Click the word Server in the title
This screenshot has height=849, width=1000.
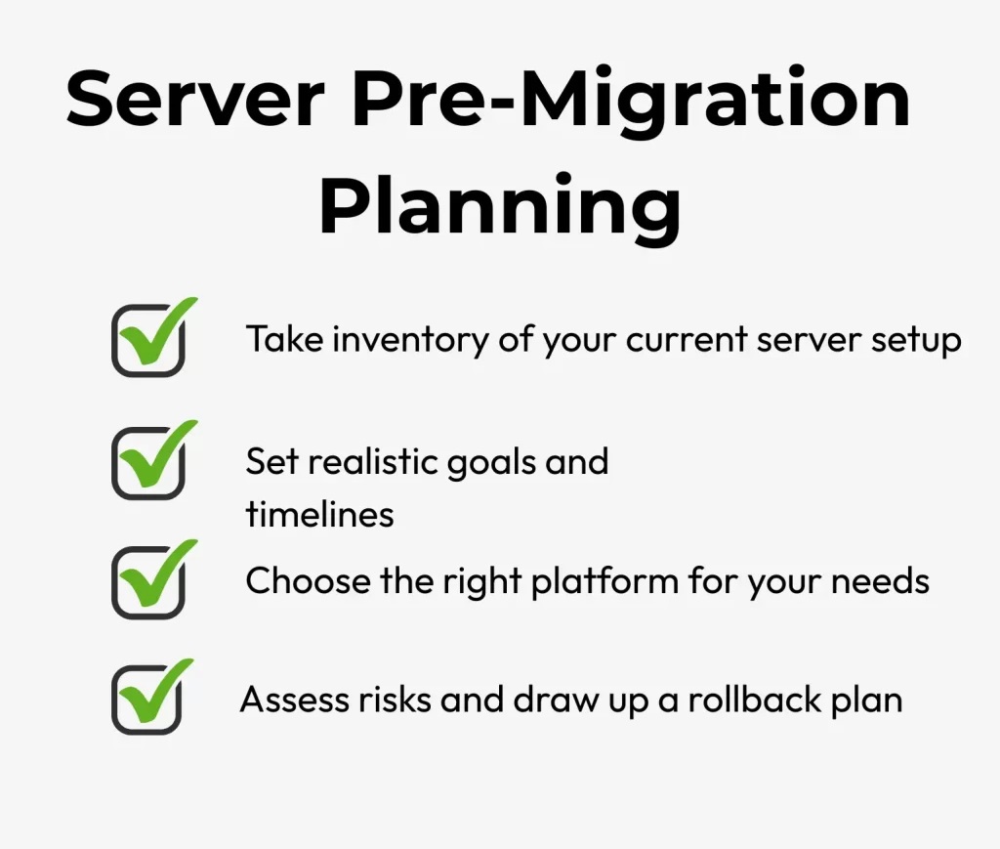[195, 100]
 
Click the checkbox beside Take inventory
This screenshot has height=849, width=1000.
[148, 341]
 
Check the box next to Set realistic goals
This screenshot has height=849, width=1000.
[148, 463]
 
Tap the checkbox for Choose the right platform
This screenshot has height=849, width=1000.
[148, 583]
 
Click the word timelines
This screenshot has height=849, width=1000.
[319, 514]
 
